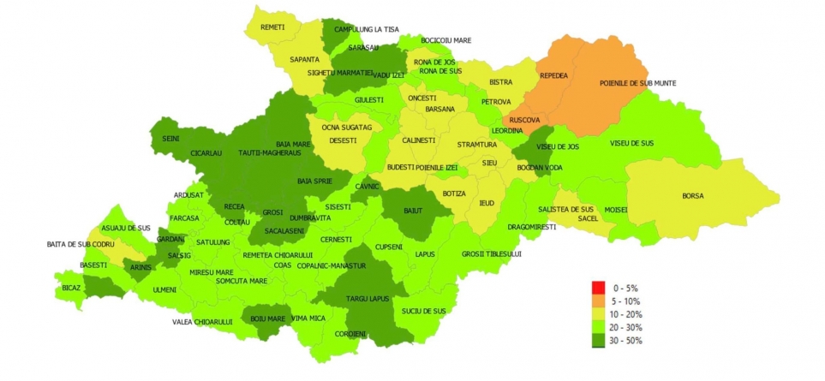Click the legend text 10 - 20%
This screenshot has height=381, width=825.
(625, 314)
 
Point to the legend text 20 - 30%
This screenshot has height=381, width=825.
(625, 327)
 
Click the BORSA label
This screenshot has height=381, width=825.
(693, 196)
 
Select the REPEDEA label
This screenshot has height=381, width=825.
(554, 75)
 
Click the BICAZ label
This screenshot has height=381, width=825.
(71, 288)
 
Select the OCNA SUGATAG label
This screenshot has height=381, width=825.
(347, 128)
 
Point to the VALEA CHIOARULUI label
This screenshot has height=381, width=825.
(202, 321)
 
